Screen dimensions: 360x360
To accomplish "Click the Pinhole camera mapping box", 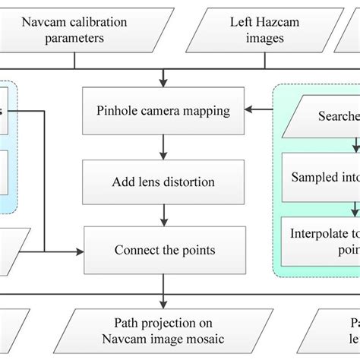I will [163, 111].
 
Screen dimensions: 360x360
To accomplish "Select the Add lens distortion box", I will [163, 182].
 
